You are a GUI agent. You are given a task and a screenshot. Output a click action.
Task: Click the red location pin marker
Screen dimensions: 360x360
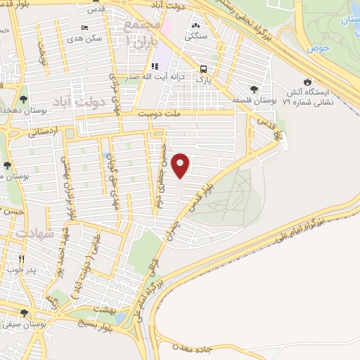coord(181,165)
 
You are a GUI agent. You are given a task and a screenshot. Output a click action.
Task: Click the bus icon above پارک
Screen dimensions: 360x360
coord(203,69)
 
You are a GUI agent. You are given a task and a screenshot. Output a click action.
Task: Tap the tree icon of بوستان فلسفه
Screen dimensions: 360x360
coord(254,89)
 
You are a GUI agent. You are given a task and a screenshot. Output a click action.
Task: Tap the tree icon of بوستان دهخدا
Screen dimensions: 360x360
coord(24,100)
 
